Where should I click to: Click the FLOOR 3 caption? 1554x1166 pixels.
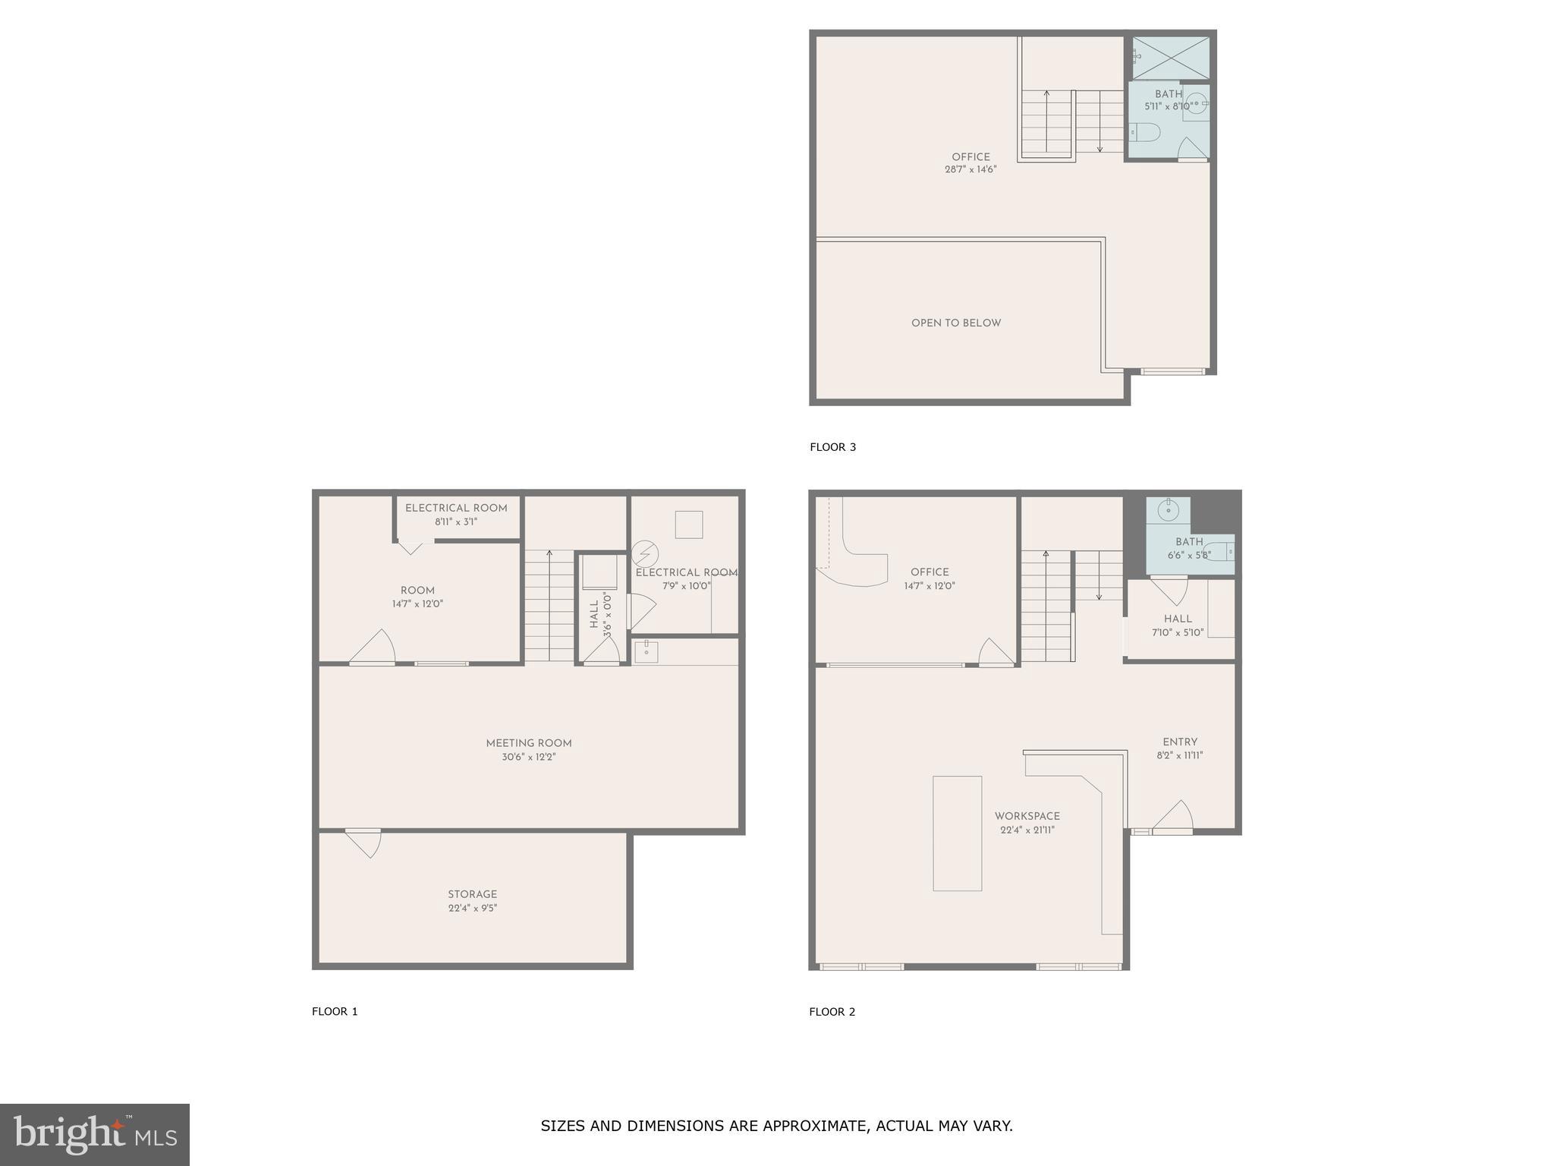tap(832, 447)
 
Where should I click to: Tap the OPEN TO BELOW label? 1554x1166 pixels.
tap(955, 323)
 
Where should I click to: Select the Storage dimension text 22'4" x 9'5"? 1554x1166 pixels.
tap(472, 908)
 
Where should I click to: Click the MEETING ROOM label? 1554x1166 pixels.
tap(528, 744)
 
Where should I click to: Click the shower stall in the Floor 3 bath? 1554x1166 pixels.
tap(1171, 58)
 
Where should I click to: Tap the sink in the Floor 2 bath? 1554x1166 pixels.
tap(1168, 511)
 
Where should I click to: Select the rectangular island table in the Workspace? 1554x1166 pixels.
tap(957, 833)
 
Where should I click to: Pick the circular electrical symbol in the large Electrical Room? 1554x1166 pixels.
tap(645, 552)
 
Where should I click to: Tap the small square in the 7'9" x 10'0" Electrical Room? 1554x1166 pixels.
tap(688, 525)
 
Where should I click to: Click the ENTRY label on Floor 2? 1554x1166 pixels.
tap(1179, 742)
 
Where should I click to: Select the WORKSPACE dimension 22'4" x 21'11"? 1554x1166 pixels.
tap(1027, 830)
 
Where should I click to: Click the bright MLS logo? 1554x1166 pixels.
tap(95, 1134)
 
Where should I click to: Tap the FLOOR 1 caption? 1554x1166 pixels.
tap(334, 1011)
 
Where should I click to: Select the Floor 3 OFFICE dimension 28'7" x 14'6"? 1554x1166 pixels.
tap(970, 170)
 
